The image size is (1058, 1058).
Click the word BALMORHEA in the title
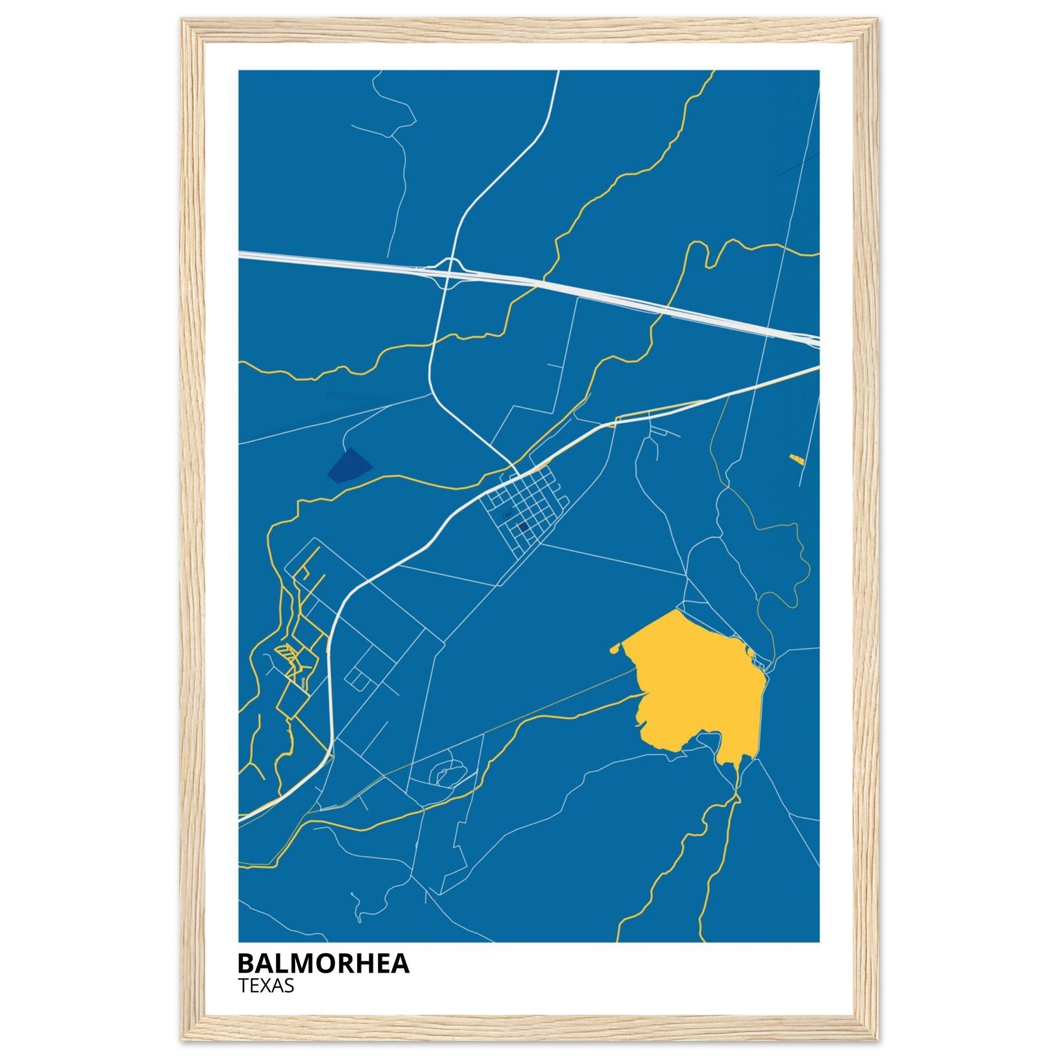(323, 963)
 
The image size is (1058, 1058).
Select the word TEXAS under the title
(266, 986)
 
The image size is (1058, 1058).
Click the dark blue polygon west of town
(349, 466)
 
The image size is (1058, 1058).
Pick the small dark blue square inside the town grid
(522, 527)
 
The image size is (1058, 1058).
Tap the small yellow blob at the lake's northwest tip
(615, 649)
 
